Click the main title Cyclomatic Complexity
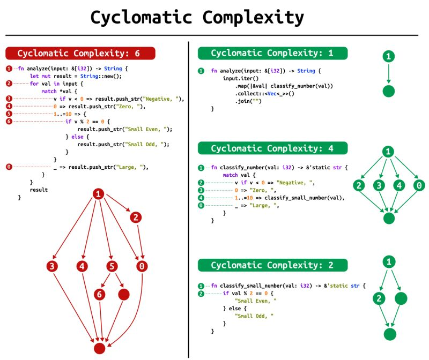197,18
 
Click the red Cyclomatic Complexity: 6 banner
80,53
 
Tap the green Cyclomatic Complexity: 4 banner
272,148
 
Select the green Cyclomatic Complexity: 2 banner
272,265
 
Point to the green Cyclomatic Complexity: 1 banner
272,53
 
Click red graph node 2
136,217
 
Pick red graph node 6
100,295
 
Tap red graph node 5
112,266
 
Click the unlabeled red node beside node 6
124,295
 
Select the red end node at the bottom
99,348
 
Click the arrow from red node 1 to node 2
118,203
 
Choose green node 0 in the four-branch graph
419,185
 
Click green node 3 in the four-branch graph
379,185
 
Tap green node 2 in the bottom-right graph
379,298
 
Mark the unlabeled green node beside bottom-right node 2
401,298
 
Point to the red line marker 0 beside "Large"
9,167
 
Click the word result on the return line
39,190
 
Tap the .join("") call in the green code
248,101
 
